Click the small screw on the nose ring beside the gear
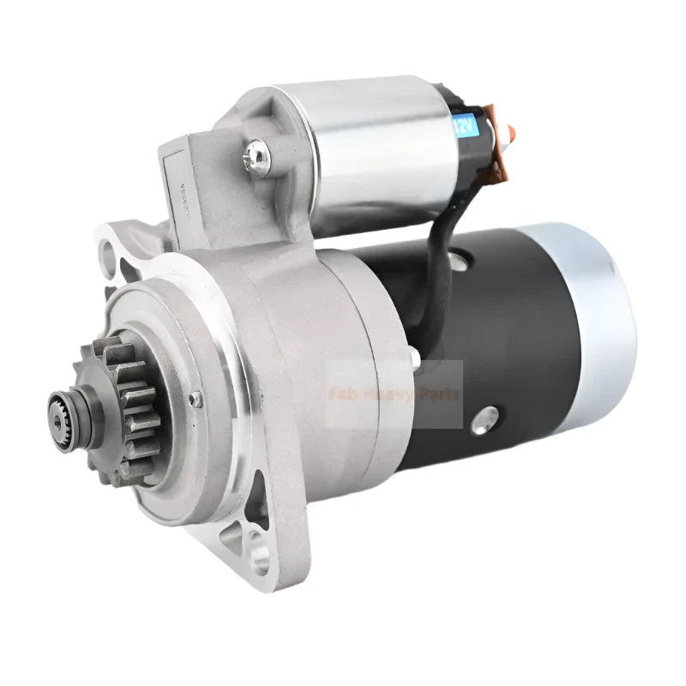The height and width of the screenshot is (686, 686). click(196, 398)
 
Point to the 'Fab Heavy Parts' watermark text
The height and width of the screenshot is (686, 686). click(394, 394)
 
